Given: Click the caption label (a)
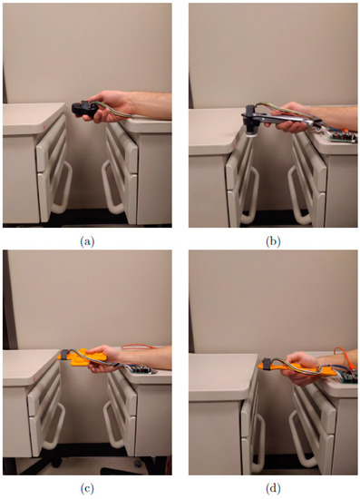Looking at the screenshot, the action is click(87, 242).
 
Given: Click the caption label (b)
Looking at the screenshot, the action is click(273, 242).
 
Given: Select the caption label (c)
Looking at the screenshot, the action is click(87, 488).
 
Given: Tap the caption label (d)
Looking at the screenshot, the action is click(273, 488).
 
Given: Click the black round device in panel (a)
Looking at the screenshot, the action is click(84, 109).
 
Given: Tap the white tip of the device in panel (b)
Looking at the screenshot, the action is click(252, 134).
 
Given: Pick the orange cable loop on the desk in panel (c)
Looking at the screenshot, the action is click(138, 347).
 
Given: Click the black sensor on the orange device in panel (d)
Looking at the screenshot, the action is click(268, 363).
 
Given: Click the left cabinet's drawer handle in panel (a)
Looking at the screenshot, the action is click(62, 188).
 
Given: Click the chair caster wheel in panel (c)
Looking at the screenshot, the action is click(138, 463).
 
